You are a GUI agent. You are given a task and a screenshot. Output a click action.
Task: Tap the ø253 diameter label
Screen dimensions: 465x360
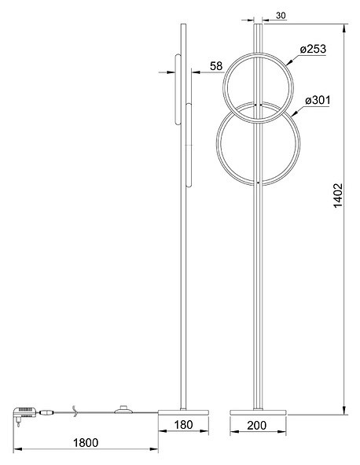coord(313,49)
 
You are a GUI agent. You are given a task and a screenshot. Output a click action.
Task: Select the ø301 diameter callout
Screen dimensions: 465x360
coord(317,100)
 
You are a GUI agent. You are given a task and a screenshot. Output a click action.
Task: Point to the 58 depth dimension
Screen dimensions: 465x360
coord(216,66)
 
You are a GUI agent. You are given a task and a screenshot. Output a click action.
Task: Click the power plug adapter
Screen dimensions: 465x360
coord(24,412)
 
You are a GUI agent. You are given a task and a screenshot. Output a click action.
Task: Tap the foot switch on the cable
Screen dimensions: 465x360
coord(123,409)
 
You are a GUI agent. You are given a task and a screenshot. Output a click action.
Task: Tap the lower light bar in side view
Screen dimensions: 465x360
coord(189,142)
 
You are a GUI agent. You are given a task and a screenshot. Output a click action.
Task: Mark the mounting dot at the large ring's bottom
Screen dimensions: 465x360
coord(259,183)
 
